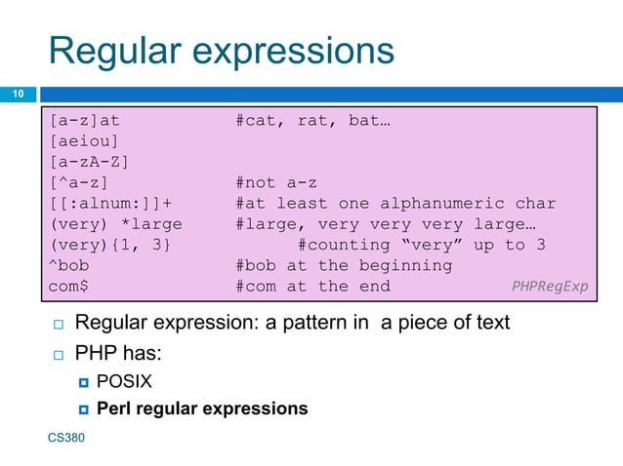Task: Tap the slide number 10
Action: [x=17, y=94]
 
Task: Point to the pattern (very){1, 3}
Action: [x=109, y=245]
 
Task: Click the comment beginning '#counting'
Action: [x=421, y=245]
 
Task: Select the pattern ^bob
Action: [x=73, y=265]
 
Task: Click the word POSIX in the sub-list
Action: [x=124, y=380]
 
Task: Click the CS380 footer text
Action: [x=66, y=440]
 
